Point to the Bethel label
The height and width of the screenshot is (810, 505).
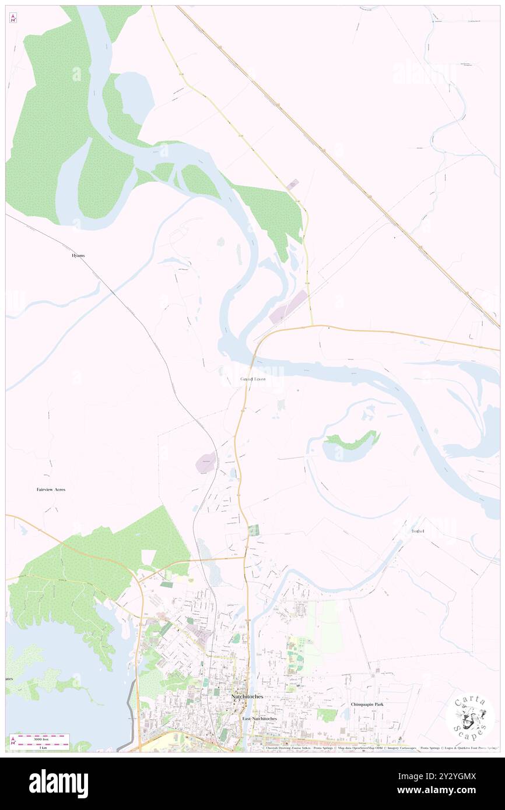click(418, 531)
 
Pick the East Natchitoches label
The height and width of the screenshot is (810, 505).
click(260, 719)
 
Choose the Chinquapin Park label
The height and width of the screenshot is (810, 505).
click(367, 705)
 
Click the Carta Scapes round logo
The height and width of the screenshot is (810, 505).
click(470, 716)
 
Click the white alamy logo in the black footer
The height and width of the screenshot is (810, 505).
click(59, 783)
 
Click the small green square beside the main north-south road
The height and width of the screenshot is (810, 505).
click(253, 530)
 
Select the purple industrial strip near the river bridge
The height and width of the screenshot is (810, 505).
click(288, 307)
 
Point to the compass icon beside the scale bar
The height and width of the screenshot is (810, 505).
click(13, 740)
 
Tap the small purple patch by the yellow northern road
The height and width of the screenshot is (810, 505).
click(293, 184)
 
